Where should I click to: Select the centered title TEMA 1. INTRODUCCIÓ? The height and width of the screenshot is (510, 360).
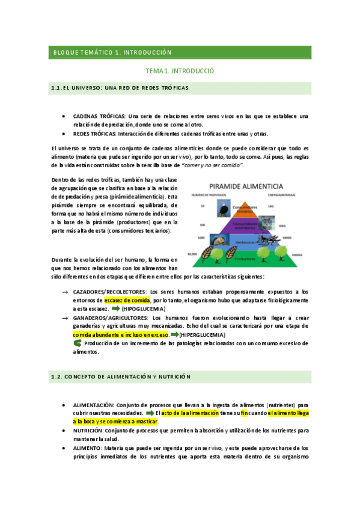(180, 71)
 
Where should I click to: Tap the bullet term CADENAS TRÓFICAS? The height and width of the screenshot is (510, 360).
(99, 116)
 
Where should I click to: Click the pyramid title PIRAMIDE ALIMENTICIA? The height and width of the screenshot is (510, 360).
(251, 186)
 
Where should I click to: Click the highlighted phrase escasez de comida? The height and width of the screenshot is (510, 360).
(127, 299)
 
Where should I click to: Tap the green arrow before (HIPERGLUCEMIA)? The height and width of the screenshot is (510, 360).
(175, 334)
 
